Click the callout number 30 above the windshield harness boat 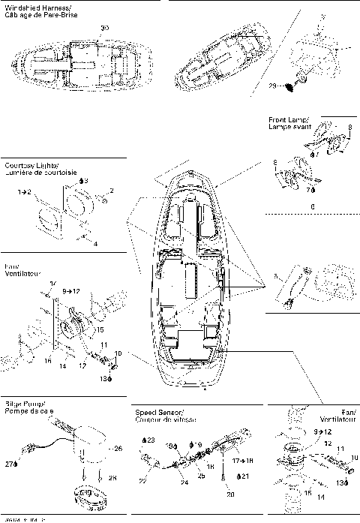104,28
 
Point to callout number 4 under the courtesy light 95,244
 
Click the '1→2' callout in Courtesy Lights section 25,193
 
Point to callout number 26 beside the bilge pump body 117,449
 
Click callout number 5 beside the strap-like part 276,278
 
